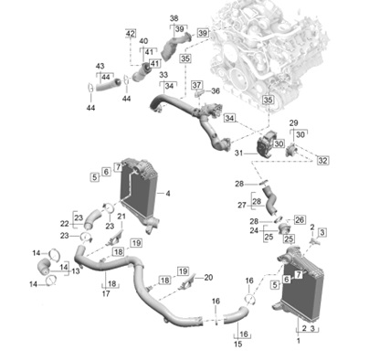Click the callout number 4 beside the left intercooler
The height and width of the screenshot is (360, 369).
tap(168, 194)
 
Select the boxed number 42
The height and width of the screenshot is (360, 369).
tap(131, 33)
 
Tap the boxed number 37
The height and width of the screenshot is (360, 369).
tap(196, 85)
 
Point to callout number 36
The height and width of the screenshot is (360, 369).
tap(216, 90)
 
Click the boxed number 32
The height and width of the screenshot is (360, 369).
tap(322, 160)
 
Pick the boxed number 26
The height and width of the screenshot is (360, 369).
tap(300, 219)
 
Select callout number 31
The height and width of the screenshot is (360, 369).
tap(239, 154)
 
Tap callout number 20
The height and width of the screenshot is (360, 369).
tap(208, 278)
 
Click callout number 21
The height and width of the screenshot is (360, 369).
tap(121, 217)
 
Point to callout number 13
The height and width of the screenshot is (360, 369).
tap(76, 270)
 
